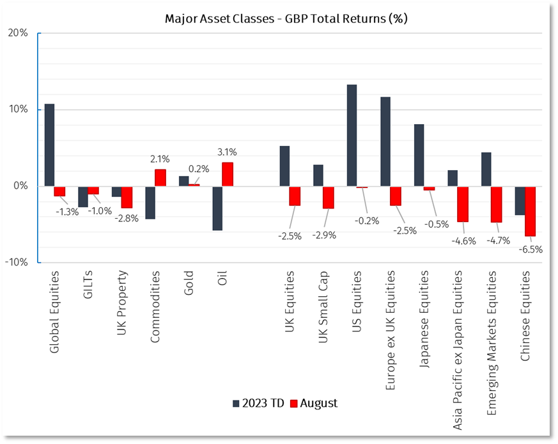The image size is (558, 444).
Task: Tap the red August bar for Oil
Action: [x=228, y=174]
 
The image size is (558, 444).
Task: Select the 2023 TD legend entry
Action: [x=258, y=403]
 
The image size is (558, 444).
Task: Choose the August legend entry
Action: [x=314, y=403]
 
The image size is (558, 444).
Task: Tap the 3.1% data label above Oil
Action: [x=227, y=152]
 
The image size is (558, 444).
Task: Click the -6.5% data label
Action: [x=531, y=250]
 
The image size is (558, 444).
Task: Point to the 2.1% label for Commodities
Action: [x=160, y=159]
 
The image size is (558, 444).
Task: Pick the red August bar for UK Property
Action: [x=127, y=197]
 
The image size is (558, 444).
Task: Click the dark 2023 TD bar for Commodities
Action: [x=150, y=203]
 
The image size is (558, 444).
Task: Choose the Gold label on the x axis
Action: [x=188, y=284]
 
